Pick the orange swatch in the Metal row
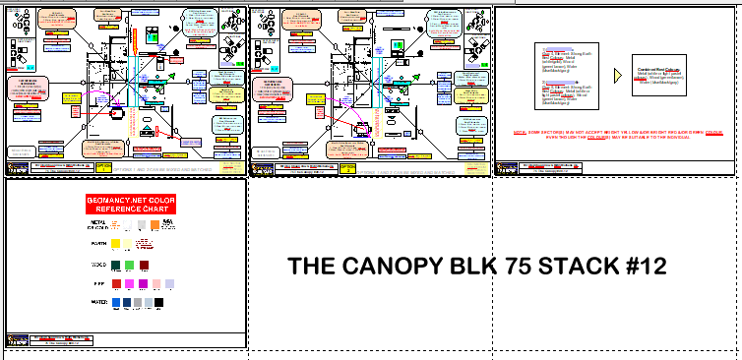(155, 225)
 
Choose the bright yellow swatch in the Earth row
(116, 243)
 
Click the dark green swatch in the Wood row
(116, 265)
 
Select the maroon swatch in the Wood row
(144, 265)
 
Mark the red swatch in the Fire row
(116, 283)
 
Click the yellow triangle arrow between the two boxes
(618, 76)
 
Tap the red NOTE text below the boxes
(614, 134)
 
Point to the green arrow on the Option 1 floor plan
(170, 76)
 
